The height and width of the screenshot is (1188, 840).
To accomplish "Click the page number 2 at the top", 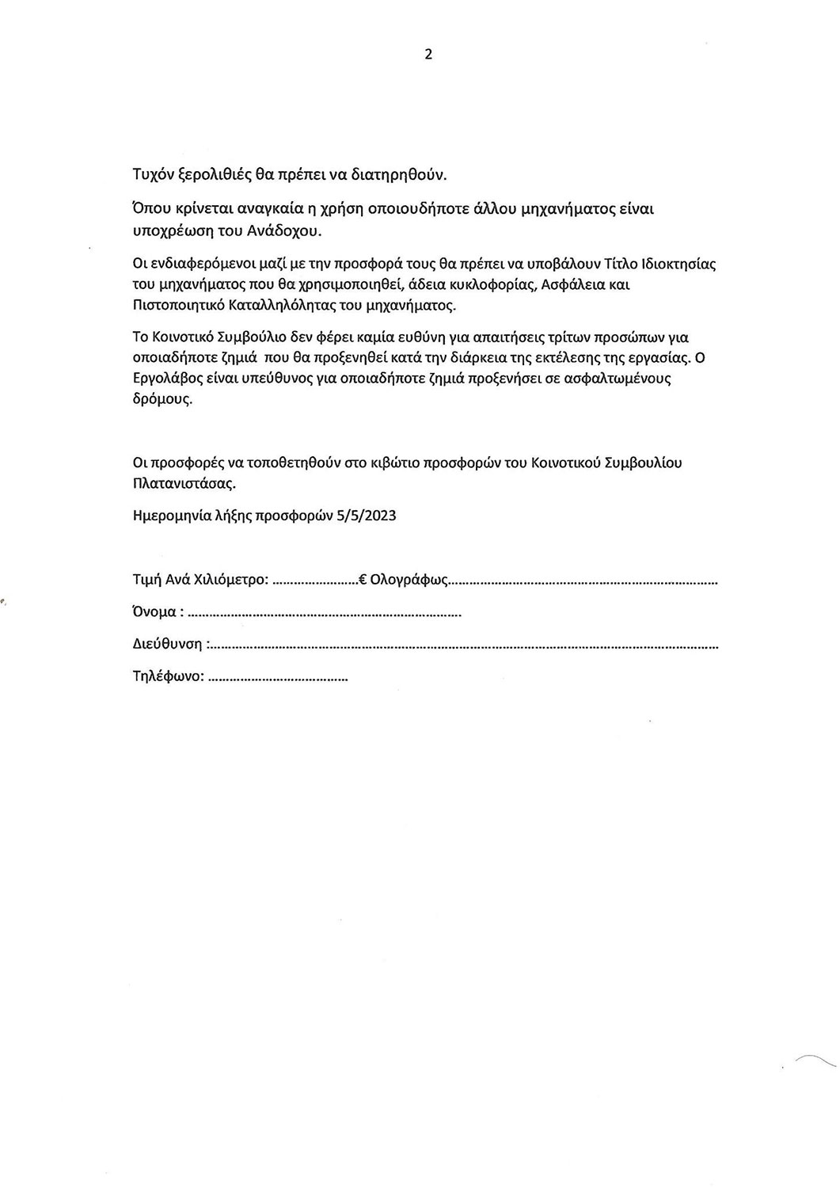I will (x=428, y=54).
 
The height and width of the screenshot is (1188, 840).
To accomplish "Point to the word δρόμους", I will (x=162, y=399).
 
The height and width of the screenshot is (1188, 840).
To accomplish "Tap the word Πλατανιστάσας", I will (x=184, y=483).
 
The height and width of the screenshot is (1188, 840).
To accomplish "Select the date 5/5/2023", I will (x=367, y=516).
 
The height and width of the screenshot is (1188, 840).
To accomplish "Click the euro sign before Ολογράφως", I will (x=361, y=579).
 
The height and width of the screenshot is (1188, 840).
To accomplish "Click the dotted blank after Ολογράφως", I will (x=583, y=581).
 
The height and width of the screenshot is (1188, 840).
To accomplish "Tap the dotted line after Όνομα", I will (x=325, y=614).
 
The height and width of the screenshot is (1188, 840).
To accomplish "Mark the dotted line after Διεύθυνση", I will (x=465, y=646).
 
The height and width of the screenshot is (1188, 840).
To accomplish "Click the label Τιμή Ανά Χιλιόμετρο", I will (x=200, y=580).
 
